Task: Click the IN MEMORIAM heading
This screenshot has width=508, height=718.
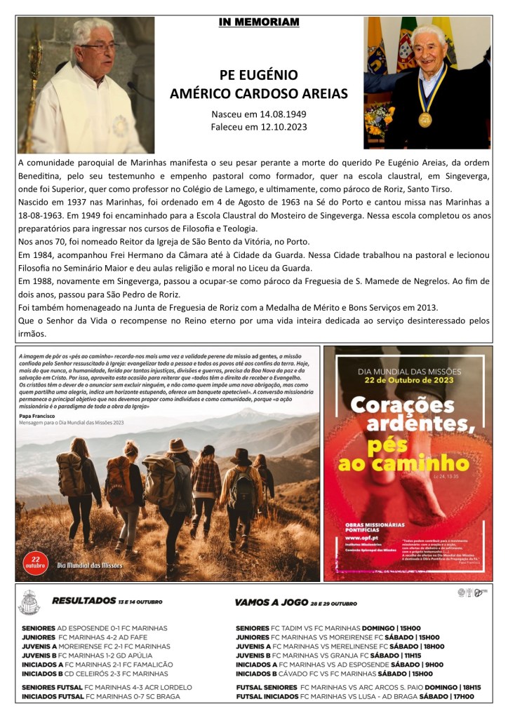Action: (258, 22)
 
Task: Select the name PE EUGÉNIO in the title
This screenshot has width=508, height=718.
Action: (258, 75)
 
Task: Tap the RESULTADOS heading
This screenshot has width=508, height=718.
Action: (83, 602)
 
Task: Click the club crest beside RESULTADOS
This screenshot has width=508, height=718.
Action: (30, 602)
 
